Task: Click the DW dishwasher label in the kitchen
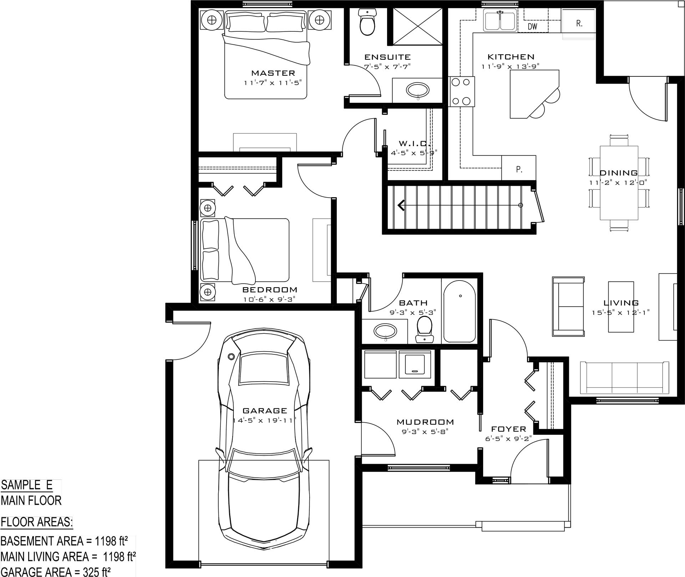(532, 26)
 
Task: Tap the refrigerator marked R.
(578, 21)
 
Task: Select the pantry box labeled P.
(519, 168)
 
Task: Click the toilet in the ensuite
(367, 22)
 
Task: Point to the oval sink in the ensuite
(418, 90)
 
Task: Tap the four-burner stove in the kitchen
(462, 91)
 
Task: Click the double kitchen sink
(500, 20)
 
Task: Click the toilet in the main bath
(424, 329)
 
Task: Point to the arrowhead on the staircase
(401, 205)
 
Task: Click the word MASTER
(273, 73)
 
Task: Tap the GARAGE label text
(265, 411)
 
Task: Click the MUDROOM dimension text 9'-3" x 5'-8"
(425, 432)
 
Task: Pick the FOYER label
(509, 429)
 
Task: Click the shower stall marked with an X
(417, 27)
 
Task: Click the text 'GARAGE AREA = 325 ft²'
(55, 571)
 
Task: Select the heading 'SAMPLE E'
(27, 485)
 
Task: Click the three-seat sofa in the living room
(624, 377)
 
